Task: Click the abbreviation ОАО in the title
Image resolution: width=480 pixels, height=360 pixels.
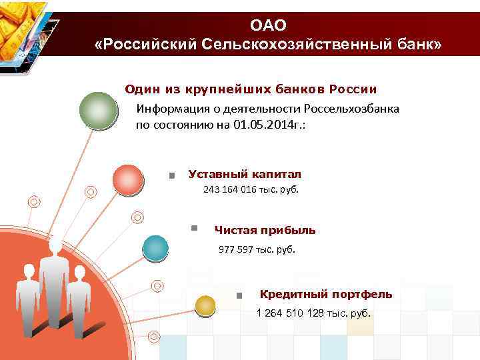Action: pos(268,25)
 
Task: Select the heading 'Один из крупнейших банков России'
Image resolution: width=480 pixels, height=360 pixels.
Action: pos(251,89)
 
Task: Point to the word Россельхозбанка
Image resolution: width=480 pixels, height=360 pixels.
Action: pos(351,109)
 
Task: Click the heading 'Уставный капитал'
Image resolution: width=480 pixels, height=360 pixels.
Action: pos(245,174)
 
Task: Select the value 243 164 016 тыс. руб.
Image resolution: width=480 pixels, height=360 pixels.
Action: pos(251,190)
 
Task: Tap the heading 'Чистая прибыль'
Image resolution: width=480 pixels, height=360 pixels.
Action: pos(265,231)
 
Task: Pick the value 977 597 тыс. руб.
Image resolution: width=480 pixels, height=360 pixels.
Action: pos(257,250)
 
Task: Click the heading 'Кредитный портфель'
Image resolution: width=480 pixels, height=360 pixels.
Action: pos(326,294)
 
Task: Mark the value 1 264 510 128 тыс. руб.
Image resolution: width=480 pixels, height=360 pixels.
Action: pos(314,313)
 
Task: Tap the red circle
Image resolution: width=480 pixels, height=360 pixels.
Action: pos(127,179)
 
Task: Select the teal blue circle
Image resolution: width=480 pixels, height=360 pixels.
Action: pos(155,249)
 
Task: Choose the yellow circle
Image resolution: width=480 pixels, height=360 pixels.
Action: pos(205,305)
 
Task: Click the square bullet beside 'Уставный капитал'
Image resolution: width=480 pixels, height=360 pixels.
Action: pos(172,176)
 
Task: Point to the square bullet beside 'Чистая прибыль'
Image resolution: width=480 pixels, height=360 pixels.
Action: pos(194,228)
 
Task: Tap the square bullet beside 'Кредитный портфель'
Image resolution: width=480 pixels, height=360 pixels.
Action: pos(239,295)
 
